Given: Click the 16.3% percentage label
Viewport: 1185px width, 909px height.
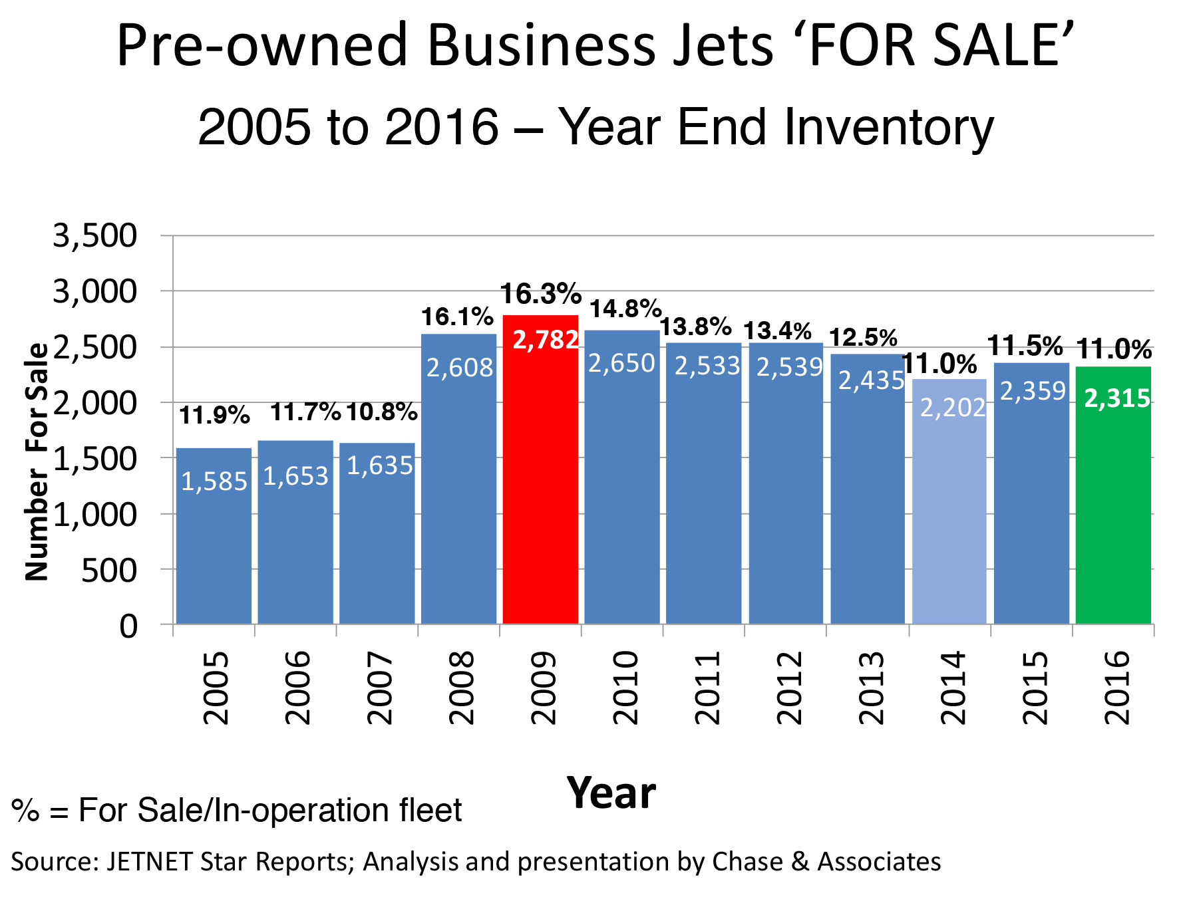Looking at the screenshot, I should click(x=540, y=294).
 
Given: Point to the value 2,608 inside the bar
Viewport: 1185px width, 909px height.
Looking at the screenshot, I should click(x=459, y=368).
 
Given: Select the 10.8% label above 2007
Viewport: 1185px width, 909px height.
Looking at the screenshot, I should click(x=381, y=412).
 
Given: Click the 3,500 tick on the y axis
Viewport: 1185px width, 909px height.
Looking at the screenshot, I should click(x=94, y=235).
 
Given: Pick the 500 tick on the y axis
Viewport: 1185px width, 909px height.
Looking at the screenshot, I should click(x=109, y=570).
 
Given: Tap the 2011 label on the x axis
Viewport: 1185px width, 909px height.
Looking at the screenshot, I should click(x=707, y=688).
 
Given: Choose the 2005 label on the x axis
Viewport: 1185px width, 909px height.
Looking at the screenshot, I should click(x=216, y=688).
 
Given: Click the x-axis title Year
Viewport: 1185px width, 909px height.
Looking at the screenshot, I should click(x=611, y=793).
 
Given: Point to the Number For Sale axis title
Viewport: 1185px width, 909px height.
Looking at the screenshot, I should click(x=37, y=461).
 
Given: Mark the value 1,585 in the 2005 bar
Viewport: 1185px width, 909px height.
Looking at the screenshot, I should click(x=214, y=481).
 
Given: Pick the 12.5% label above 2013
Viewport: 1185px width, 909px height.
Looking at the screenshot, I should click(x=863, y=338).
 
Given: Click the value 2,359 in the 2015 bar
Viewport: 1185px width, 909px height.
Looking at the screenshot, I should click(x=1033, y=391).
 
